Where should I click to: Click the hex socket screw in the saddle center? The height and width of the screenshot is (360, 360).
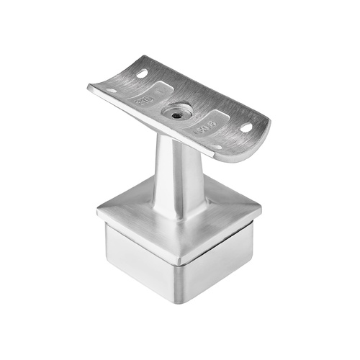176,112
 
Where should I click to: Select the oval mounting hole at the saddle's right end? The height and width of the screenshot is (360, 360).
246,127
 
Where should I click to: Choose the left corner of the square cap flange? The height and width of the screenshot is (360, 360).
97,211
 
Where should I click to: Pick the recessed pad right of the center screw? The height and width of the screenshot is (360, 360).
209,122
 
